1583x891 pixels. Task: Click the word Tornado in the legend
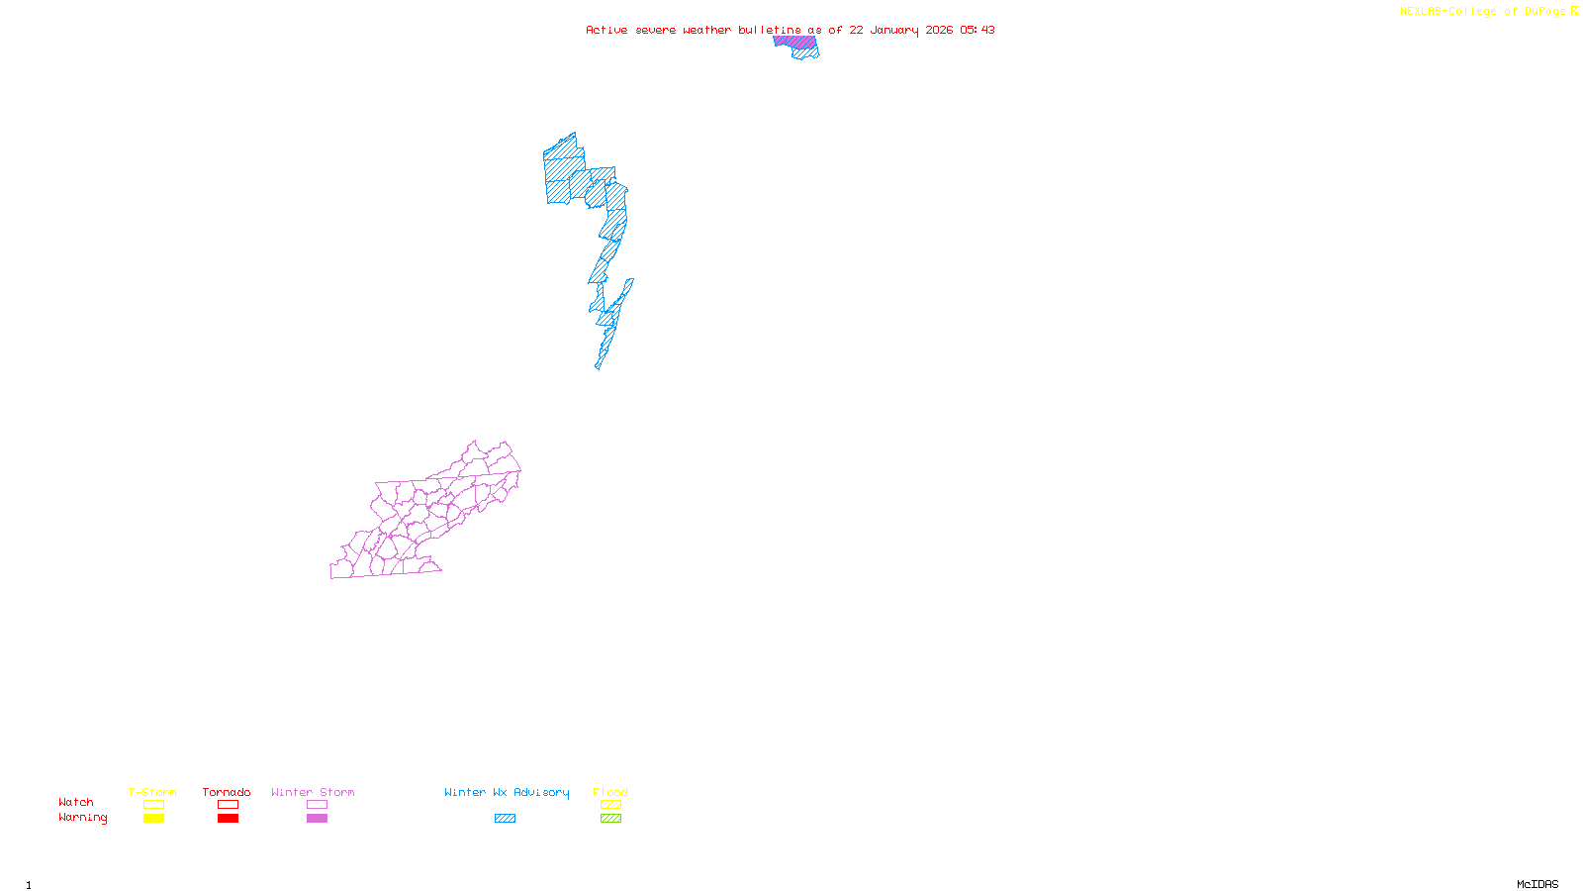(x=227, y=792)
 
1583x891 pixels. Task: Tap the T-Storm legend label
(x=152, y=792)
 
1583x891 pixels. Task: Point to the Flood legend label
(x=610, y=792)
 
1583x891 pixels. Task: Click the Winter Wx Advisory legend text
(x=507, y=792)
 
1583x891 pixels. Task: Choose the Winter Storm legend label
(x=313, y=792)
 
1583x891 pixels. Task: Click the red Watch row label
(x=76, y=803)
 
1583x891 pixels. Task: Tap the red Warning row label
(x=82, y=818)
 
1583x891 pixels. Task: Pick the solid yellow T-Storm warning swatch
(x=153, y=819)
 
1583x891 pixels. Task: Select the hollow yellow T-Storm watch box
(x=153, y=805)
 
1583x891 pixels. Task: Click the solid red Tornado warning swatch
(x=228, y=819)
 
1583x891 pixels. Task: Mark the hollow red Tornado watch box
(x=228, y=805)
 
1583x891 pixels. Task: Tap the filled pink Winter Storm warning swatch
(x=317, y=819)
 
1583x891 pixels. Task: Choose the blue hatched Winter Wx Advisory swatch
(x=505, y=819)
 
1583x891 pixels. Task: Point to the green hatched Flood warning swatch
(x=610, y=819)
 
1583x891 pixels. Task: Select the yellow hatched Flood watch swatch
(x=610, y=805)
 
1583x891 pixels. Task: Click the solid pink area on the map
(x=794, y=42)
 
